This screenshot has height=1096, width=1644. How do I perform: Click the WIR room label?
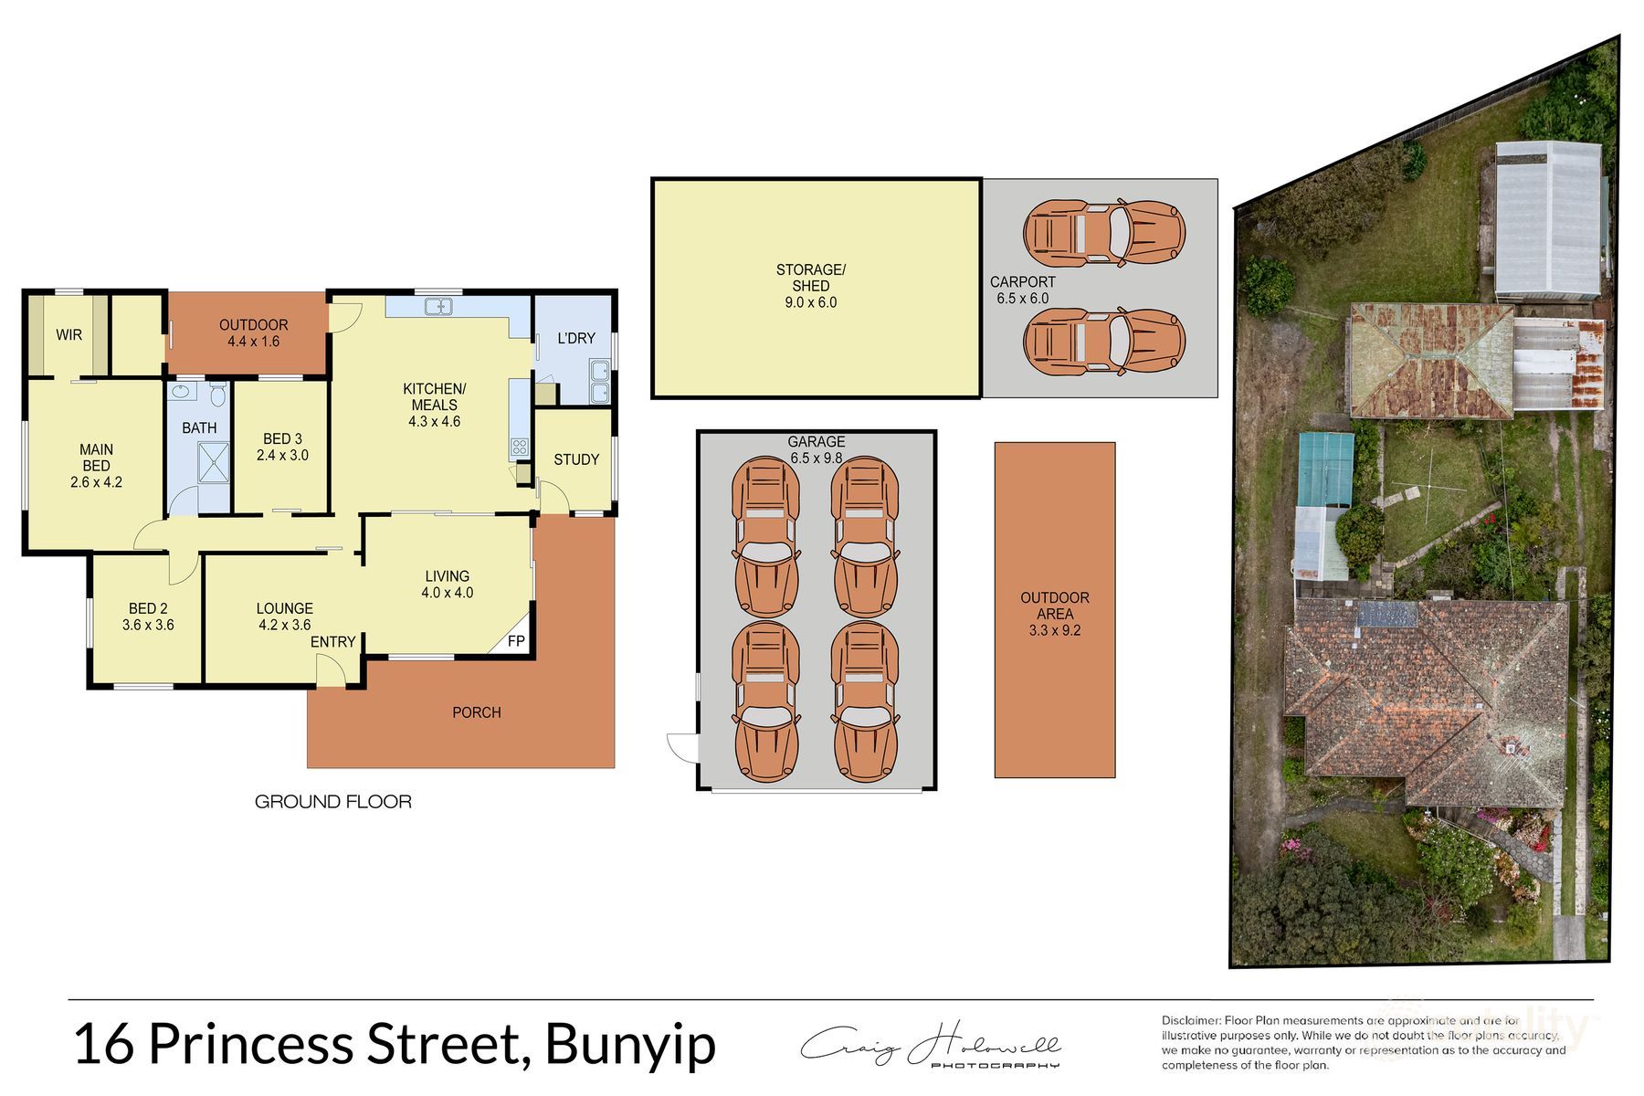pos(68,335)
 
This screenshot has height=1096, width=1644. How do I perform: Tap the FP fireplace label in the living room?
pos(516,641)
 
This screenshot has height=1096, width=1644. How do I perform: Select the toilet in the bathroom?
pos(217,395)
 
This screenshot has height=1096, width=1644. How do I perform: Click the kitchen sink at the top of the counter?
pos(438,307)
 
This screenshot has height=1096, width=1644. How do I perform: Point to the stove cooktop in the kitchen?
pos(519,448)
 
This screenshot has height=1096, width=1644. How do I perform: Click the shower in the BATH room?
pos(213,461)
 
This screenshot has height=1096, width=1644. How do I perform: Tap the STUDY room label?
pos(576,459)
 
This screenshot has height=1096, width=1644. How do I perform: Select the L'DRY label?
pos(576,338)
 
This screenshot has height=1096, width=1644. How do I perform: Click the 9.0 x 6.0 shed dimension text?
pos(810,302)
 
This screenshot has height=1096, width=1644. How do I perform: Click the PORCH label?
pos(476,712)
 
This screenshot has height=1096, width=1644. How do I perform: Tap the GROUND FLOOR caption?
pos(332,802)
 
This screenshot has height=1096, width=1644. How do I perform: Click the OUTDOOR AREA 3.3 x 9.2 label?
pos(1054,614)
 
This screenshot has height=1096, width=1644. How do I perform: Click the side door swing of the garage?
pos(682,747)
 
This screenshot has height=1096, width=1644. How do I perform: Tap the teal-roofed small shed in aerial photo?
pos(1325,469)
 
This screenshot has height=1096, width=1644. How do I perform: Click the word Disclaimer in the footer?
pos(1189,1020)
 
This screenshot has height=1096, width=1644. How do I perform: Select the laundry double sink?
pos(600,382)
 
